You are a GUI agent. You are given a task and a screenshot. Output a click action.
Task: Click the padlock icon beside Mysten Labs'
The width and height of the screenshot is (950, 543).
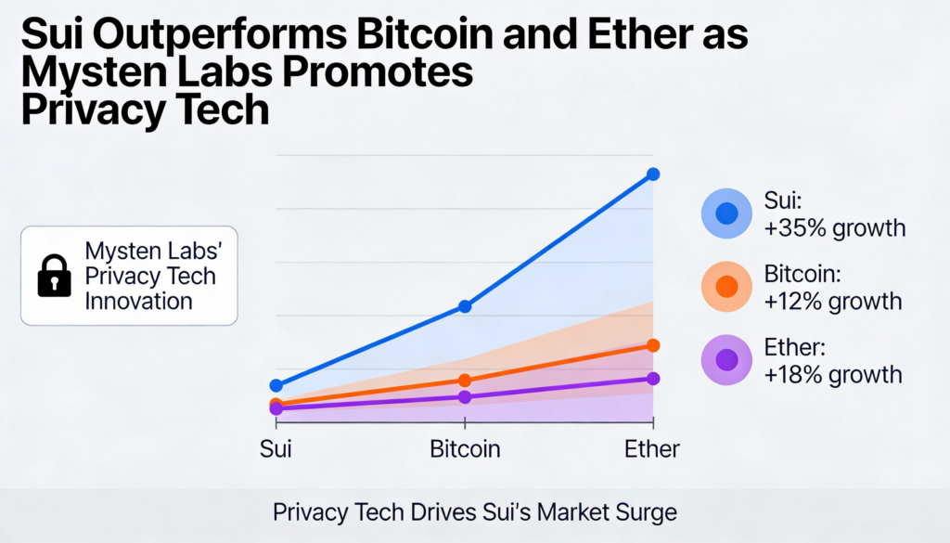(x=54, y=276)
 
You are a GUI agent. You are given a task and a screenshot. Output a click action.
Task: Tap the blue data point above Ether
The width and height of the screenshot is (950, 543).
(x=653, y=174)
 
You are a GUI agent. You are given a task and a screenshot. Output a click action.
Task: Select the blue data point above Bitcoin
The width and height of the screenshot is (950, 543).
(x=465, y=306)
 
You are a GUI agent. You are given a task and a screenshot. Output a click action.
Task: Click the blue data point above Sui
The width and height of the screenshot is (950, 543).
(x=276, y=385)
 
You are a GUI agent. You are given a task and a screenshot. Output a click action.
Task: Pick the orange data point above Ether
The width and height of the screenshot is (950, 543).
(x=653, y=345)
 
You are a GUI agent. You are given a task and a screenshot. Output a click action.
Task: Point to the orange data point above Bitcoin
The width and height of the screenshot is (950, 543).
(x=465, y=381)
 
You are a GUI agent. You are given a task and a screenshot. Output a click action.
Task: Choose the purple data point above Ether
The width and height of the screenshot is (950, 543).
(x=653, y=379)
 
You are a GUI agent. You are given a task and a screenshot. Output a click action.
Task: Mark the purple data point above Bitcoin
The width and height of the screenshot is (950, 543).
(x=465, y=397)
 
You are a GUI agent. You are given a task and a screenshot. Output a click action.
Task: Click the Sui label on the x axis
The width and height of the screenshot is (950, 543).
(x=276, y=449)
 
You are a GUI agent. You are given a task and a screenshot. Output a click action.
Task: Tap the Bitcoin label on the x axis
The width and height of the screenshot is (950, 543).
(x=465, y=449)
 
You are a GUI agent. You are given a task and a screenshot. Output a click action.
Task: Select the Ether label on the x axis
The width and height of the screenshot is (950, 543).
(x=652, y=449)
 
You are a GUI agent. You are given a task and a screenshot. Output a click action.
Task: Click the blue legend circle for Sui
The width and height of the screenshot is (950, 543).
(x=726, y=213)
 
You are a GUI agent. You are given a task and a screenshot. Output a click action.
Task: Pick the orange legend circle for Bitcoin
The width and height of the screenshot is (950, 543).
(x=726, y=287)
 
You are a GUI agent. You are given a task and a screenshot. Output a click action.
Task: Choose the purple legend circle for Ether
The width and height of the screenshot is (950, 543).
(x=726, y=359)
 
